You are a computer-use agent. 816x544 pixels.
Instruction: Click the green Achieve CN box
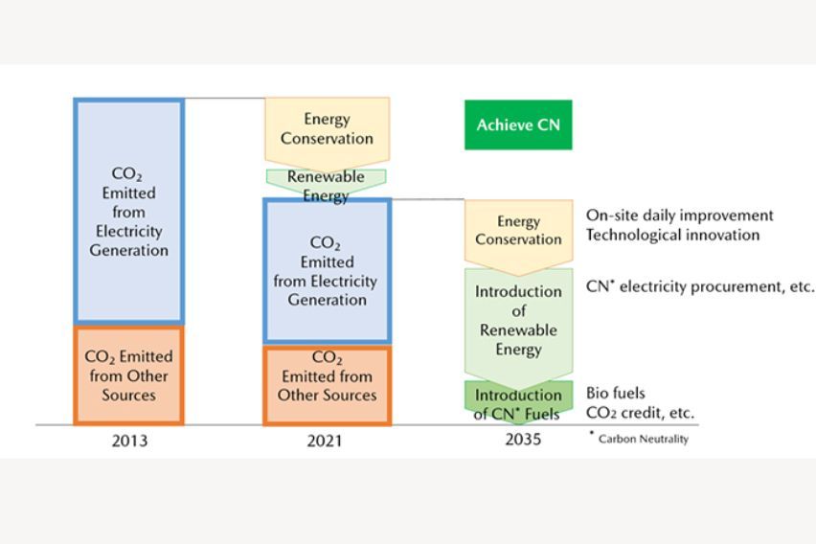pos(518,125)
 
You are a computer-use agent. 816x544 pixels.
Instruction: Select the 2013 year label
pos(128,442)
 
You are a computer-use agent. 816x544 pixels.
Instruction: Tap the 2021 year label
pos(327,442)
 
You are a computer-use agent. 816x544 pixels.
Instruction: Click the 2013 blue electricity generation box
pos(128,211)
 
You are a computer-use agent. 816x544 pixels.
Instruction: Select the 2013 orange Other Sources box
pos(128,375)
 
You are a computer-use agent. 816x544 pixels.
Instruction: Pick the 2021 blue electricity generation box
pos(327,271)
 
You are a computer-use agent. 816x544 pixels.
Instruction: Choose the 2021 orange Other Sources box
pos(327,386)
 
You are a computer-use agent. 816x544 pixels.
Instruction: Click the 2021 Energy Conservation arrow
pos(327,129)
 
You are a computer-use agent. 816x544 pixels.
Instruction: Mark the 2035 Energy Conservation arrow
pos(518,231)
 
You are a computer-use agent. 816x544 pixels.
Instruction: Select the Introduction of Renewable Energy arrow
pos(518,321)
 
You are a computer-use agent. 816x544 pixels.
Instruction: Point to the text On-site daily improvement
pos(679,215)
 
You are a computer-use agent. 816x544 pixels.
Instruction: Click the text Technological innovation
pos(672,235)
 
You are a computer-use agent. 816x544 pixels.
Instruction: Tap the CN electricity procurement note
pos(700,285)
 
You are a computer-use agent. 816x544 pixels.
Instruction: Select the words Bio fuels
pos(615,393)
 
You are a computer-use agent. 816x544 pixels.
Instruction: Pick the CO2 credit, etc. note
pos(640,413)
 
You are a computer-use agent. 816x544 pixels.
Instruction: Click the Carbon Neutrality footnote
pos(641,439)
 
